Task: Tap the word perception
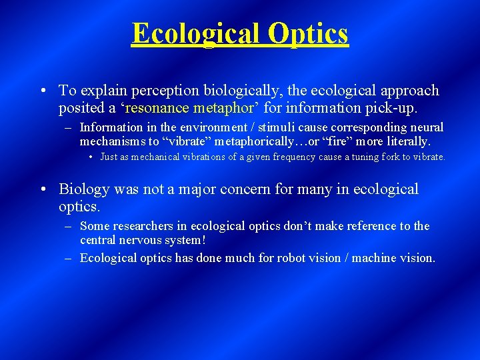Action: pos(162,91)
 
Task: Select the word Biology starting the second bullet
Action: pos(83,189)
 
